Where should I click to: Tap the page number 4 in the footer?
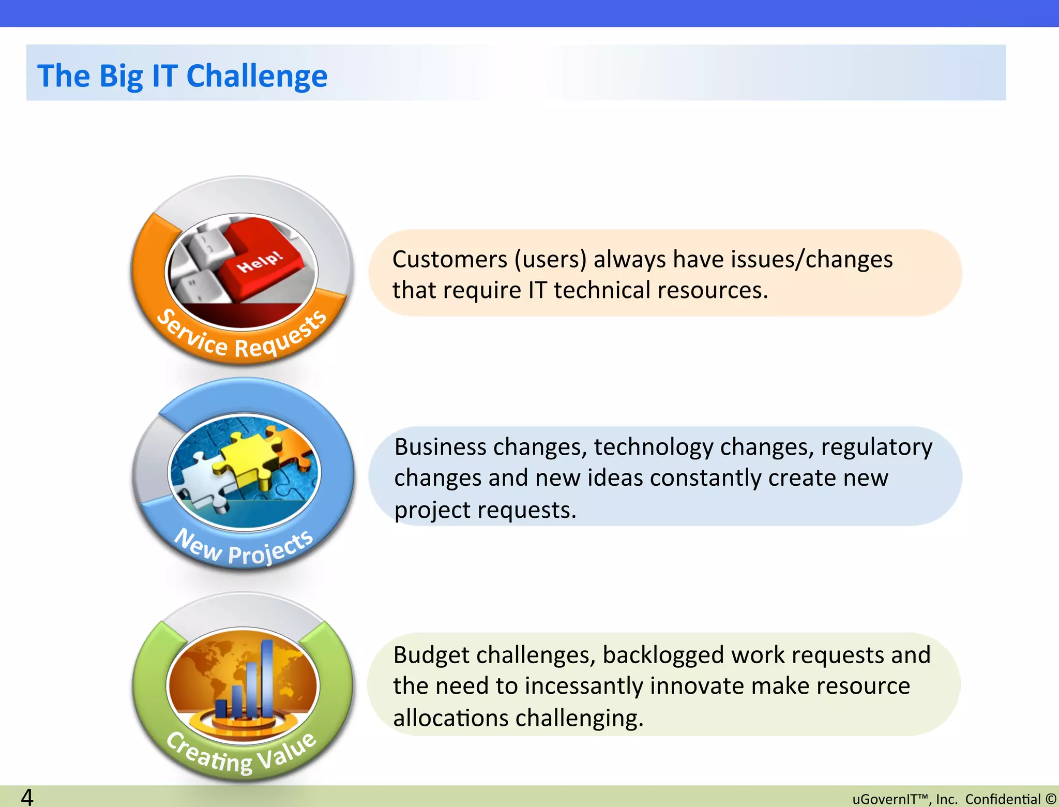[27, 797]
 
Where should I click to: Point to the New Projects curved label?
[244, 548]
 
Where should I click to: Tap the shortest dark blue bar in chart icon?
[221, 708]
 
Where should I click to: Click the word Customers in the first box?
[449, 260]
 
